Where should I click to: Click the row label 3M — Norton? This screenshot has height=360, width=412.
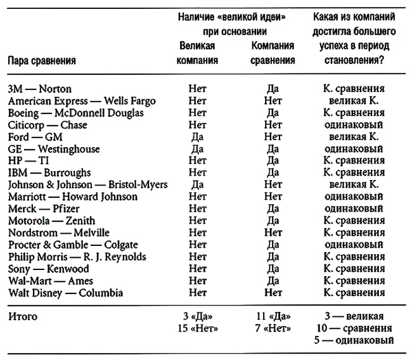tap(40, 89)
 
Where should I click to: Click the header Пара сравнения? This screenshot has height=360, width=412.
tap(42, 61)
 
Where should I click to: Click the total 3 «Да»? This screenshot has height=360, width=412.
tap(197, 316)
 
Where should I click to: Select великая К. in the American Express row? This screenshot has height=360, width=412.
tap(351, 101)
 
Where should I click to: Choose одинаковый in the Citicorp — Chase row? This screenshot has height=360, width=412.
tap(351, 125)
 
